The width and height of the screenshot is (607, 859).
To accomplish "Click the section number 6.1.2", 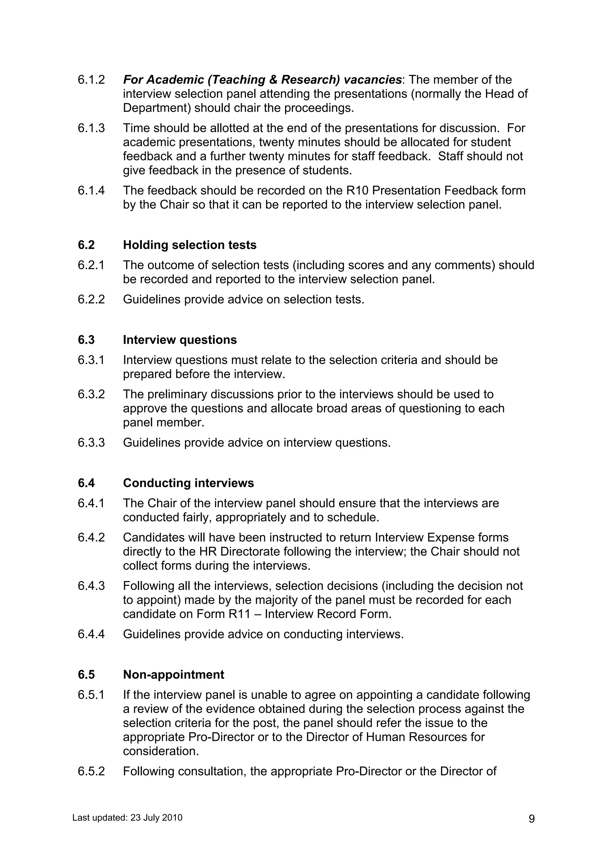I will pyautogui.click(x=91, y=80).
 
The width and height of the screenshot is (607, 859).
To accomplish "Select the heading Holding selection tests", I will pyautogui.click(x=190, y=245).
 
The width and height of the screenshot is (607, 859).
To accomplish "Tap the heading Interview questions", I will pyautogui.click(x=180, y=340).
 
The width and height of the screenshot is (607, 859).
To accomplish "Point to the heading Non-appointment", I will pyautogui.click(x=174, y=675).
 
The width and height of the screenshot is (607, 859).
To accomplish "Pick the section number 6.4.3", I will pyautogui.click(x=91, y=586).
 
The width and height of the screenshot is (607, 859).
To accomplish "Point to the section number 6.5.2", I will pyautogui.click(x=91, y=772).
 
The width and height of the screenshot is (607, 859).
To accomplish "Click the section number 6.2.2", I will pyautogui.click(x=91, y=300).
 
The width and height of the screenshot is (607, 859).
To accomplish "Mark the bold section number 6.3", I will pyautogui.click(x=86, y=340).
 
